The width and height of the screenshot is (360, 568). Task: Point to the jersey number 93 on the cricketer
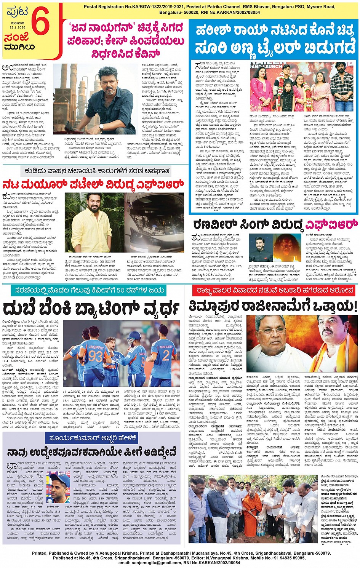96,356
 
